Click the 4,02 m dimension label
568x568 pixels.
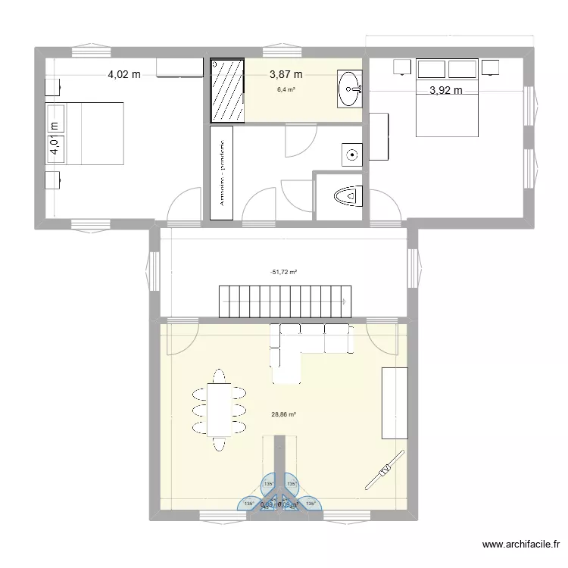[x=124, y=74]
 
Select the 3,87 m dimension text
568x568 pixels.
[x=286, y=74]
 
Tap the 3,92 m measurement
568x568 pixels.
[x=445, y=91]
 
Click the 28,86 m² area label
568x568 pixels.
[x=284, y=414]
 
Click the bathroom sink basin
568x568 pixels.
[x=350, y=89]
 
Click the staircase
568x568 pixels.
[x=286, y=301]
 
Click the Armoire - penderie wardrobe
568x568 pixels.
[x=222, y=173]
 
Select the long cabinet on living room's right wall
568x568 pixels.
[x=395, y=403]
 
